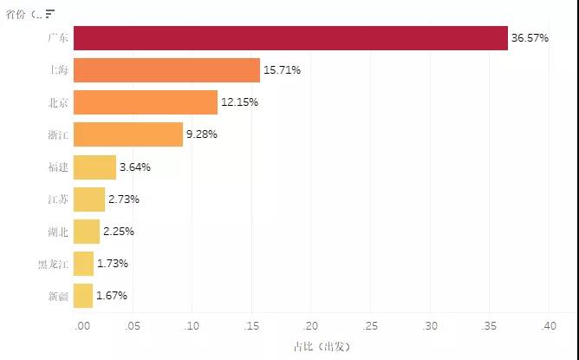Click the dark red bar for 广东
click(290, 38)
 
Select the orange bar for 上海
click(166, 70)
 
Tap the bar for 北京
click(146, 102)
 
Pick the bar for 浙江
click(128, 134)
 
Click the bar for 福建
click(94, 167)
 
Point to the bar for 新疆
click(83, 296)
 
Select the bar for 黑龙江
click(83, 264)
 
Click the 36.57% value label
click(530, 38)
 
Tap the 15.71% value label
click(282, 70)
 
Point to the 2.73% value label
click(124, 200)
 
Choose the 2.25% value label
click(119, 232)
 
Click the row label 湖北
click(58, 232)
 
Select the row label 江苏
click(58, 200)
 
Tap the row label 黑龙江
click(53, 265)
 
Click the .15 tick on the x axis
click(251, 326)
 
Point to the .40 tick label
click(549, 326)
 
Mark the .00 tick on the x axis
click(82, 326)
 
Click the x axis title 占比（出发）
click(322, 347)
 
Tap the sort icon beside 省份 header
click(50, 14)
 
